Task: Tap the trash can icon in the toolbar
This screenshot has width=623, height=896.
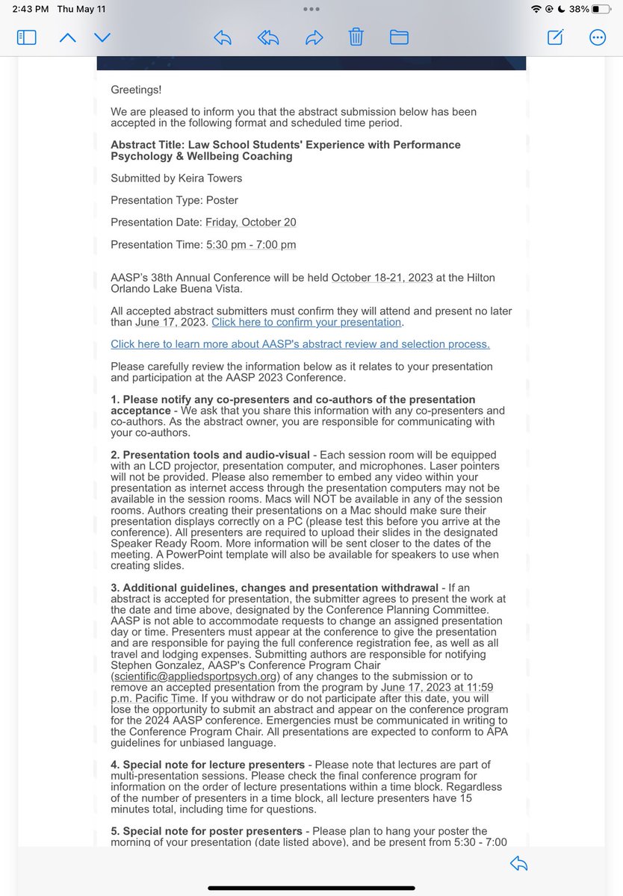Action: click(x=357, y=37)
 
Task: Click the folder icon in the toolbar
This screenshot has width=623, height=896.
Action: click(x=399, y=37)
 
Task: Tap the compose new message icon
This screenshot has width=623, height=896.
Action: click(x=555, y=37)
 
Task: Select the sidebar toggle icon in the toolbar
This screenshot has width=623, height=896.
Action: click(x=27, y=37)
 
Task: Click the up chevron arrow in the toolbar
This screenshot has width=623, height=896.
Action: click(x=67, y=37)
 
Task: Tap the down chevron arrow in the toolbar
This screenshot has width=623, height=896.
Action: click(x=102, y=37)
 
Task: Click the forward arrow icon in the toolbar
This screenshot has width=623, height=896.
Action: click(x=314, y=37)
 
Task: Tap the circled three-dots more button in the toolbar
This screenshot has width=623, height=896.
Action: click(x=598, y=37)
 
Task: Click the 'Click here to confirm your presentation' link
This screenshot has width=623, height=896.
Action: click(x=307, y=323)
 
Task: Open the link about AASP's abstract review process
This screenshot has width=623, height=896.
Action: click(x=300, y=344)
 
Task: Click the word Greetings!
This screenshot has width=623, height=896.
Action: click(x=136, y=90)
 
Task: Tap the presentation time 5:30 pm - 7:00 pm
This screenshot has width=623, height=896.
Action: click(x=250, y=244)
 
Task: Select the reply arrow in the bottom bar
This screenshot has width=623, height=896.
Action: click(x=518, y=864)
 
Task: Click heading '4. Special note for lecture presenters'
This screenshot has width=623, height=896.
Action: click(x=208, y=765)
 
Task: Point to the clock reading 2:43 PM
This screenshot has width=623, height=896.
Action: click(x=31, y=10)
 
